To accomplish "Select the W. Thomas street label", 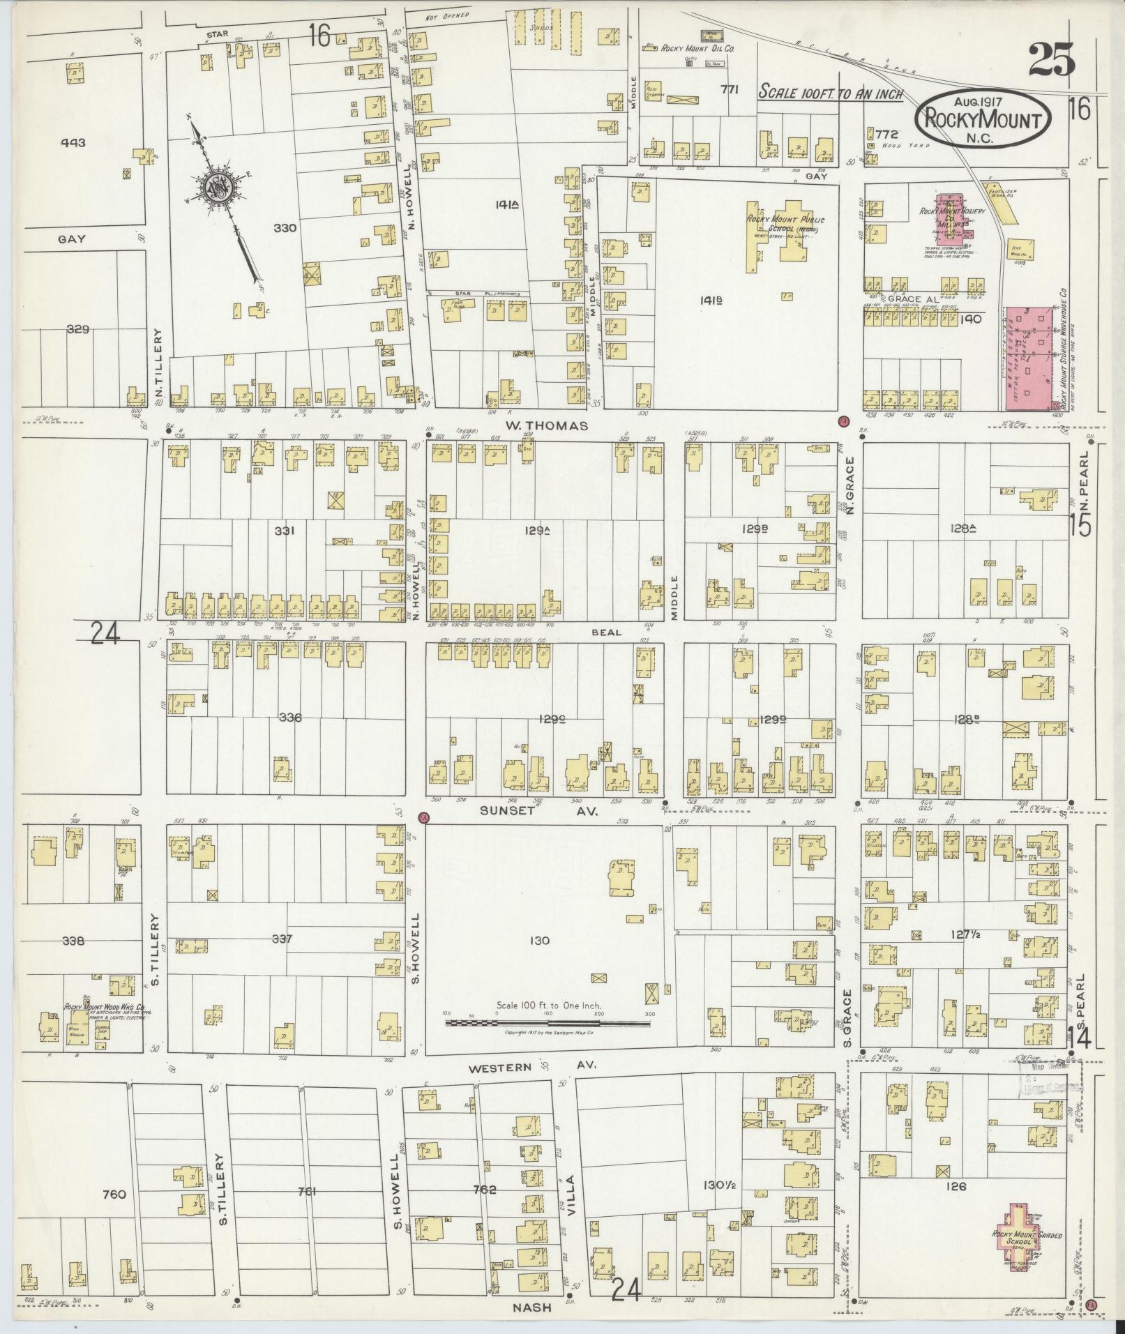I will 548,425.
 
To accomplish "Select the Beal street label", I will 606,632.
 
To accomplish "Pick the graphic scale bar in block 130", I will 548,1024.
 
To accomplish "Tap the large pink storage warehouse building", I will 1030,357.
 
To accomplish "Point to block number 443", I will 73,142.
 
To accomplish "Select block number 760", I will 113,1195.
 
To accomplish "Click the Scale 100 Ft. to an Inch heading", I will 831,92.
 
